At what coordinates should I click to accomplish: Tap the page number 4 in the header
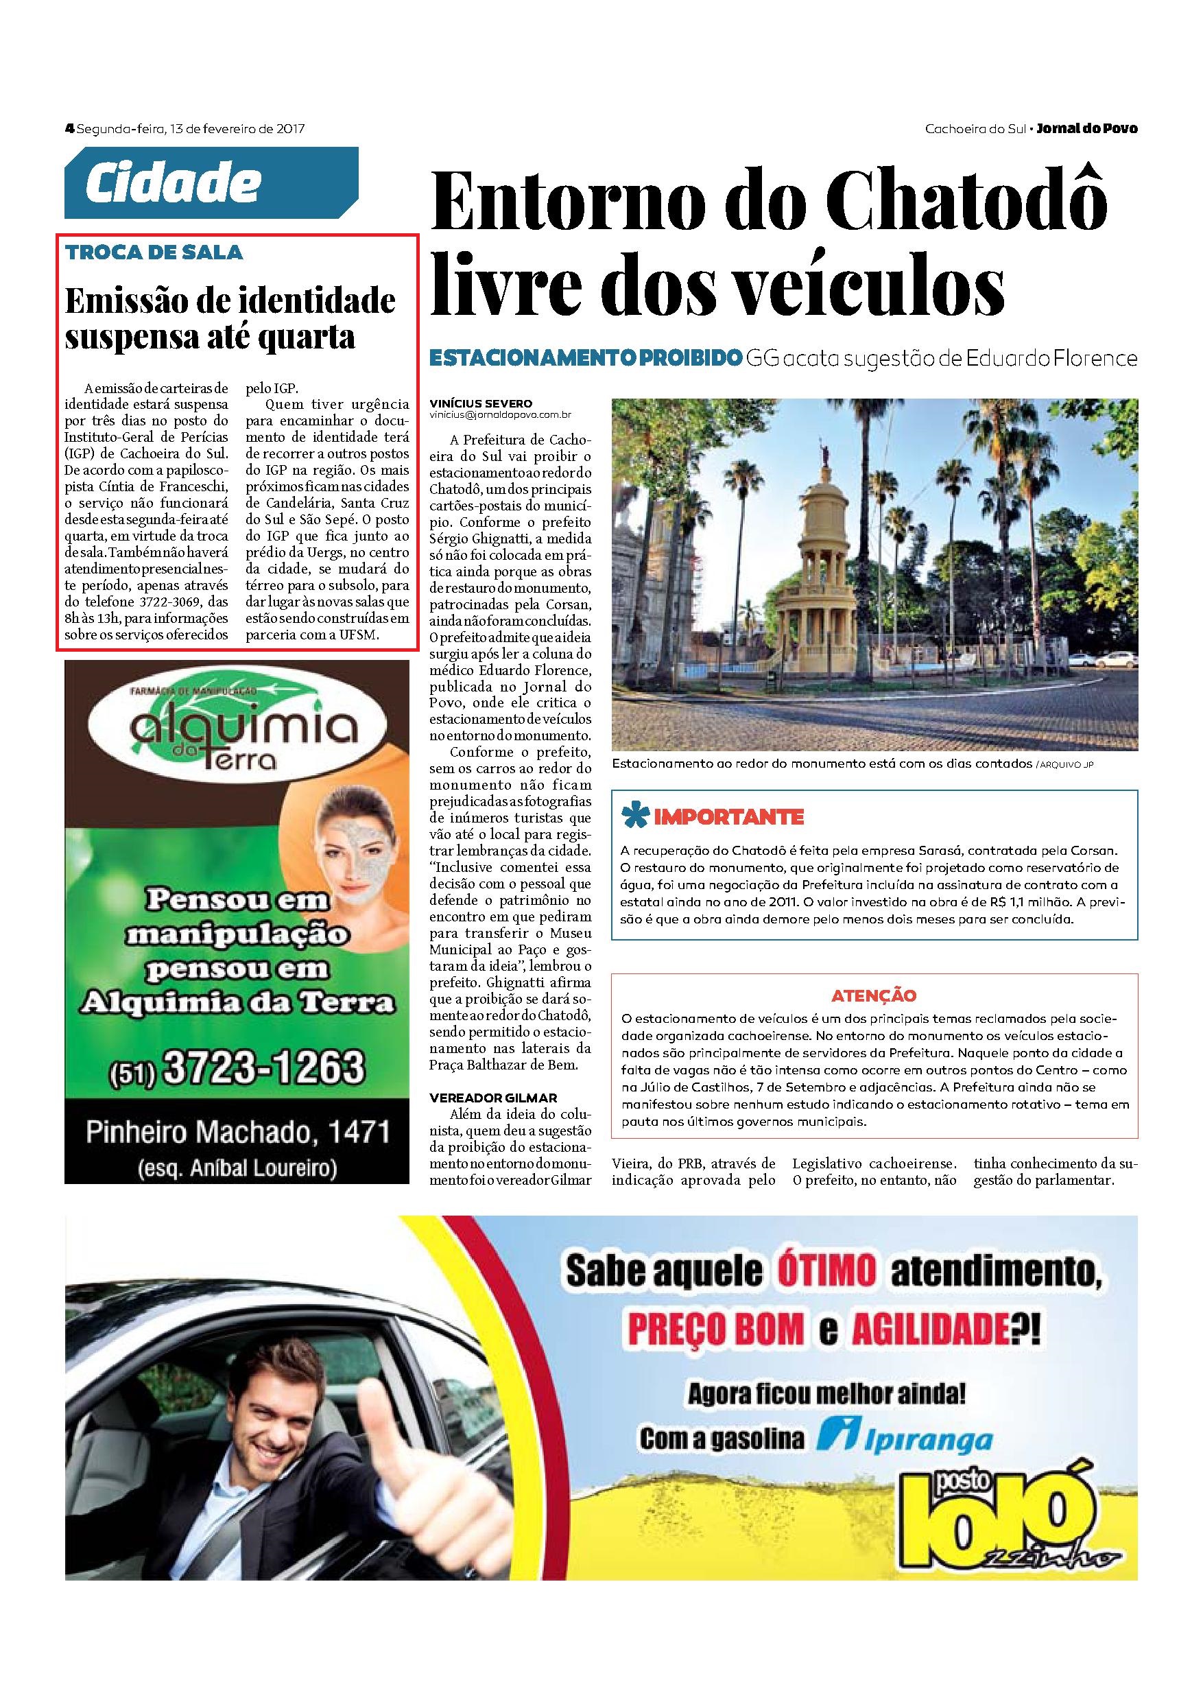(70, 128)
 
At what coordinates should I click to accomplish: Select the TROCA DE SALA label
(154, 252)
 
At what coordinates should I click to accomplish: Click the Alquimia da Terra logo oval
(240, 734)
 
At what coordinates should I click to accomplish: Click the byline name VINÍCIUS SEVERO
(480, 404)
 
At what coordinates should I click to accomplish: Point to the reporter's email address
(500, 415)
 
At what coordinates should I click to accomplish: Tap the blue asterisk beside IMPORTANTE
(633, 816)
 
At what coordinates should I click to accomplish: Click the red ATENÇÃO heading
(874, 995)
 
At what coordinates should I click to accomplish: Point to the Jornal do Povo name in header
(1086, 128)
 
